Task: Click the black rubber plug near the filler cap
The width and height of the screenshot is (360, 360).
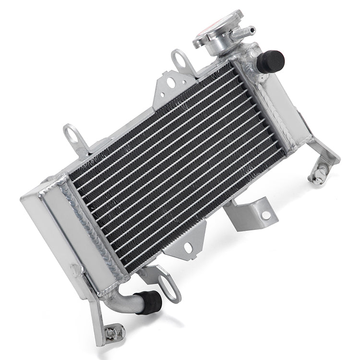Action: point(271,61)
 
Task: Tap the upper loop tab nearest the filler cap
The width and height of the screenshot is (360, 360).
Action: point(181,60)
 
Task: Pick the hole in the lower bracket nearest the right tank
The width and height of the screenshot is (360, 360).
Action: point(265,215)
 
